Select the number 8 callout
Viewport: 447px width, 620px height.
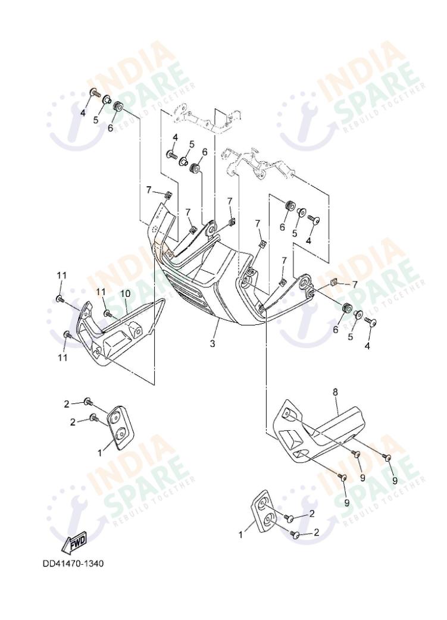point(335,392)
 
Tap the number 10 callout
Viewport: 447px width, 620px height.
point(125,293)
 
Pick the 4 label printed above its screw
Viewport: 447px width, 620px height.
point(175,138)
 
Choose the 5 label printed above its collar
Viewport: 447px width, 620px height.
point(192,144)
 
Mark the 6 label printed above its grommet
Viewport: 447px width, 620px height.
point(204,152)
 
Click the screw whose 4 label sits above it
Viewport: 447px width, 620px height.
point(173,155)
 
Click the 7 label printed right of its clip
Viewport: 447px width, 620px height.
point(355,284)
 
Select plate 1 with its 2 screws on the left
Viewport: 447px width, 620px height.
point(121,425)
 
